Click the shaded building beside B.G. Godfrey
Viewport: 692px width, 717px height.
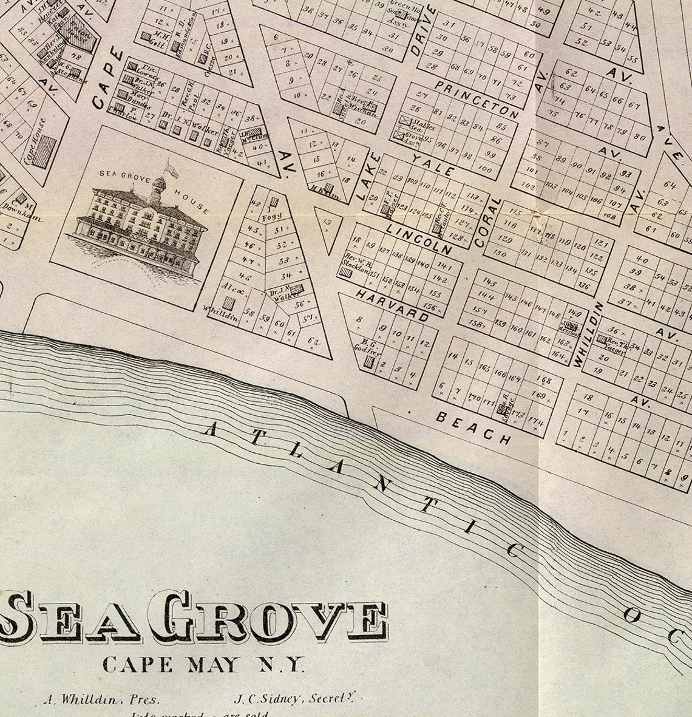click(x=369, y=362)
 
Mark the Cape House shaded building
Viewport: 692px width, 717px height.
click(x=44, y=152)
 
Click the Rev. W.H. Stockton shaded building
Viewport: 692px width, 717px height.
click(x=345, y=273)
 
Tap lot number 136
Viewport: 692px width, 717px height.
click(x=584, y=286)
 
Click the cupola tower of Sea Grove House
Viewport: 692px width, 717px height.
click(x=160, y=182)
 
